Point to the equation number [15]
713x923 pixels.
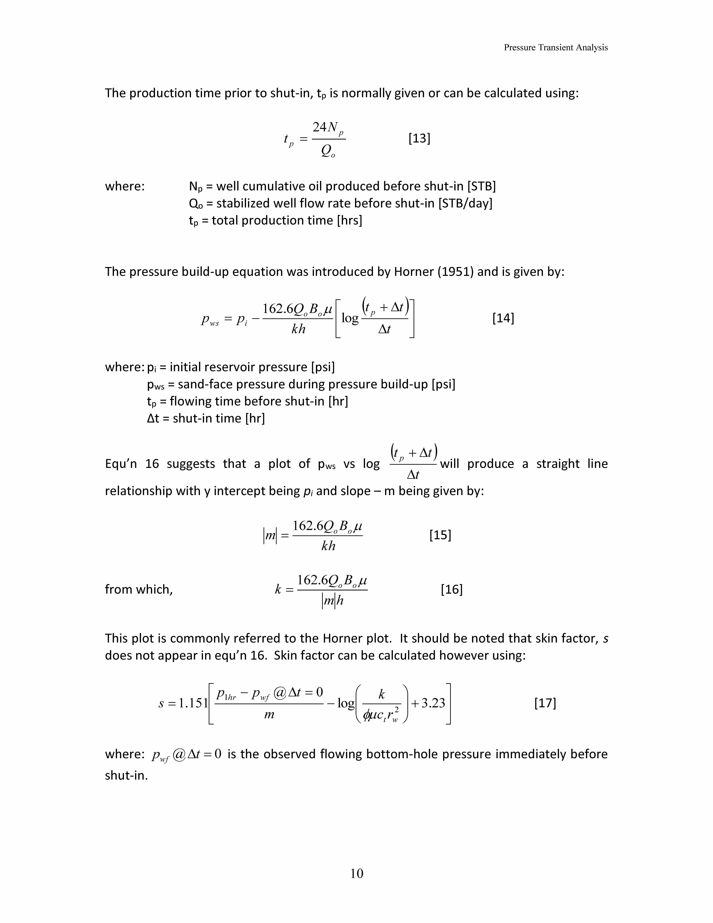[x=440, y=535]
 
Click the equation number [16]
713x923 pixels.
[x=452, y=589]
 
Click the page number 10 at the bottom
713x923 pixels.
[x=356, y=874]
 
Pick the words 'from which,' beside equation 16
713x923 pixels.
[x=139, y=589]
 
